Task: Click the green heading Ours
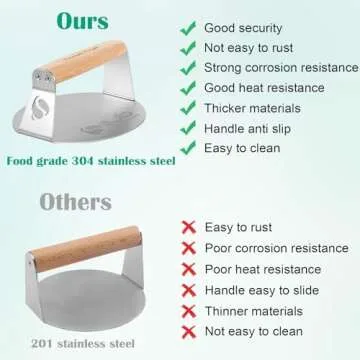tap(83, 22)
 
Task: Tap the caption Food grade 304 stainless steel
tap(90, 159)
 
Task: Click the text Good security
tap(245, 28)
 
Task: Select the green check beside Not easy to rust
tap(186, 48)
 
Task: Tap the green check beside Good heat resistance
tap(186, 88)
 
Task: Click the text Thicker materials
tap(254, 108)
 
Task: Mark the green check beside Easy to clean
tap(186, 148)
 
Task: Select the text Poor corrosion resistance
tap(276, 248)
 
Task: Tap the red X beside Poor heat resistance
tap(186, 268)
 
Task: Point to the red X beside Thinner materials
tap(186, 309)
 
